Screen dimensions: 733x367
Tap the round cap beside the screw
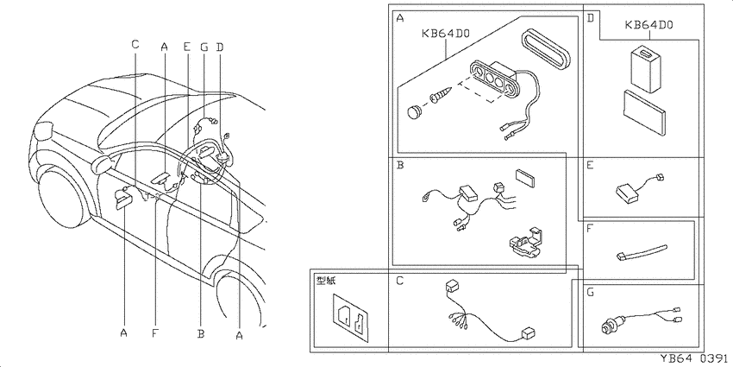414,112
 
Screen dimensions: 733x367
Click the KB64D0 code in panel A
445,34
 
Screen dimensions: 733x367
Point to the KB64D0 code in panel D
648,25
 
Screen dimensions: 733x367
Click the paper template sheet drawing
350,315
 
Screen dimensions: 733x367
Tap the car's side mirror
103,163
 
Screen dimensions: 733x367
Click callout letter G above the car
204,47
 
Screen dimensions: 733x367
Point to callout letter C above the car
135,44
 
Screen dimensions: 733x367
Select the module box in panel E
627,192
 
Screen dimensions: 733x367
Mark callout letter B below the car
201,334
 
